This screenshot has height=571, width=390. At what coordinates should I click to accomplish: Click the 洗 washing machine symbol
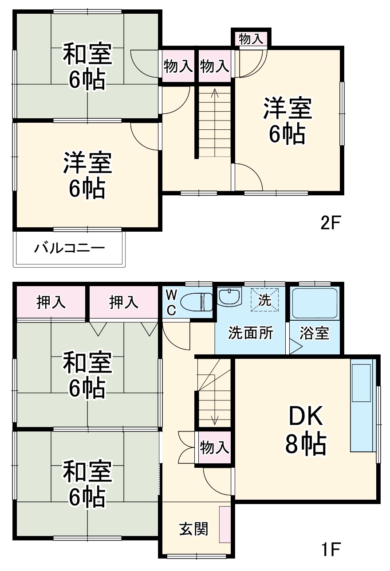point(264,300)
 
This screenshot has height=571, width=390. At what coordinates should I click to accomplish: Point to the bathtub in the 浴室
point(315,303)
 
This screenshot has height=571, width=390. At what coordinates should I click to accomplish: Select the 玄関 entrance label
point(193,528)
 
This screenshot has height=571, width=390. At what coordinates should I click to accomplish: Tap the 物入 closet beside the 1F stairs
point(214,447)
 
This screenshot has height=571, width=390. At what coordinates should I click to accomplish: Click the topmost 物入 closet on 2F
point(251,39)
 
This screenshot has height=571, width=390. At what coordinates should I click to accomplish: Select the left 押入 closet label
point(51,303)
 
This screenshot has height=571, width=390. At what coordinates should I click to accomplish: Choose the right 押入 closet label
point(124,303)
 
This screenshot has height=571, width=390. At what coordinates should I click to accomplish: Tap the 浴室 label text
point(314,333)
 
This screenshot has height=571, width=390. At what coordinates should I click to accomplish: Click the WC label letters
point(171,302)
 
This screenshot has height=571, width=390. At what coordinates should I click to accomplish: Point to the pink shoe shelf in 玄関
point(225,524)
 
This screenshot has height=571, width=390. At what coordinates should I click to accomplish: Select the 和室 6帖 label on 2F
point(87,66)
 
